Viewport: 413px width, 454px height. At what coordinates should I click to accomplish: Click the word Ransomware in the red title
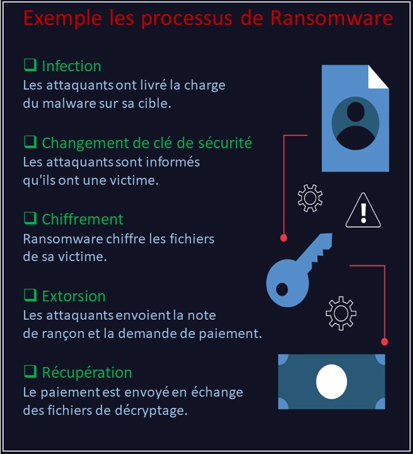pyautogui.click(x=331, y=18)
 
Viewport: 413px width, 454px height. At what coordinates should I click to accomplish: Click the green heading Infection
pyautogui.click(x=71, y=66)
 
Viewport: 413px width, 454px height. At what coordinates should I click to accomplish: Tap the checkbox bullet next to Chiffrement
pyautogui.click(x=30, y=218)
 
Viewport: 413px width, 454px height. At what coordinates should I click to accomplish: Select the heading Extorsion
pyautogui.click(x=74, y=296)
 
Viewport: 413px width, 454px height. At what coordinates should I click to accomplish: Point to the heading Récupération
pyautogui.click(x=87, y=372)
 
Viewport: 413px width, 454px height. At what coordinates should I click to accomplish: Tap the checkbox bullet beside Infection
pyautogui.click(x=30, y=65)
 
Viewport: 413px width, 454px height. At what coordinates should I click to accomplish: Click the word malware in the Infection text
pyautogui.click(x=69, y=103)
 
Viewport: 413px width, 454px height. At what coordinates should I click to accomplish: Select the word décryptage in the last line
pyautogui.click(x=151, y=410)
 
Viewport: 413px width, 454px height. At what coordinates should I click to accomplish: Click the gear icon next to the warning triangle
pyautogui.click(x=310, y=198)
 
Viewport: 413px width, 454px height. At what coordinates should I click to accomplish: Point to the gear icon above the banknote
pyautogui.click(x=341, y=313)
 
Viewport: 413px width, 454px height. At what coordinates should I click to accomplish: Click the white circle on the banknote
pyautogui.click(x=332, y=381)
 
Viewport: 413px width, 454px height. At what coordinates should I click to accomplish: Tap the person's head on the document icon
pyautogui.click(x=356, y=112)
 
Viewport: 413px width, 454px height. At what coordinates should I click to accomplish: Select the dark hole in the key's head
pyautogui.click(x=282, y=289)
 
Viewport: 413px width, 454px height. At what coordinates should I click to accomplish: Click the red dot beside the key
pyautogui.click(x=284, y=238)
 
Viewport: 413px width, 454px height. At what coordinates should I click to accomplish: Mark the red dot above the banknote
pyautogui.click(x=385, y=342)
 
